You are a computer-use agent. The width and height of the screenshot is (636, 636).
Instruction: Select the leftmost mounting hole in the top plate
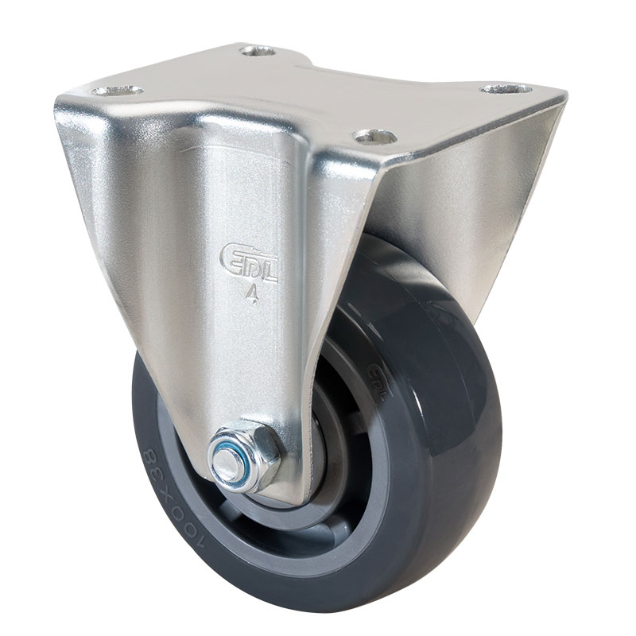(116, 91)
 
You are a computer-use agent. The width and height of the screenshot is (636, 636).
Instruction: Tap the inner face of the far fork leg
(469, 199)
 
